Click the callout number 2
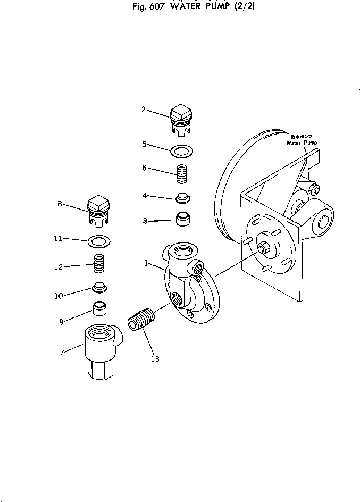(143, 110)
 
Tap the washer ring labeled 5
(182, 151)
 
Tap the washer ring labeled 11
(99, 241)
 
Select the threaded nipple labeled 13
(141, 321)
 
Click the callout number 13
(155, 359)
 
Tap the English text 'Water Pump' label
(301, 143)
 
